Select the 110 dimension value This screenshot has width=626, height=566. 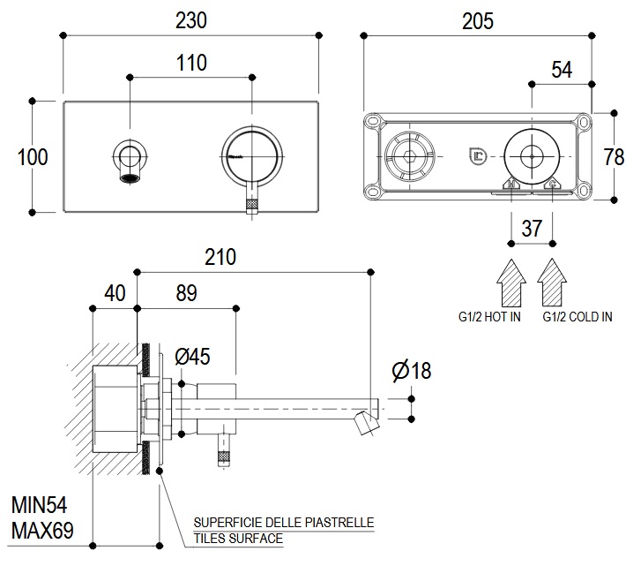(x=190, y=64)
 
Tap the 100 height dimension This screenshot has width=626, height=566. (x=33, y=157)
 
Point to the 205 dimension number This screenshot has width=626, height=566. (x=476, y=21)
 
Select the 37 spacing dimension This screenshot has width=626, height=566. (x=532, y=228)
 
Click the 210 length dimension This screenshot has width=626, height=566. (x=220, y=257)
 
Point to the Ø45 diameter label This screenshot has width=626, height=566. (x=192, y=357)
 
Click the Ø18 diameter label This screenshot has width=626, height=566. (x=411, y=370)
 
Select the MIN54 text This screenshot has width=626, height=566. (x=40, y=506)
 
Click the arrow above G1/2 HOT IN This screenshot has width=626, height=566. (x=511, y=282)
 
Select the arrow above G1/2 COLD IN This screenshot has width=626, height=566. (x=553, y=282)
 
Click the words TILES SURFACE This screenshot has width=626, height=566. (x=238, y=538)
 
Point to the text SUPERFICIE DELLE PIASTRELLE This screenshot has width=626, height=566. (x=283, y=523)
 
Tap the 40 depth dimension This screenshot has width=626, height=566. (x=115, y=292)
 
